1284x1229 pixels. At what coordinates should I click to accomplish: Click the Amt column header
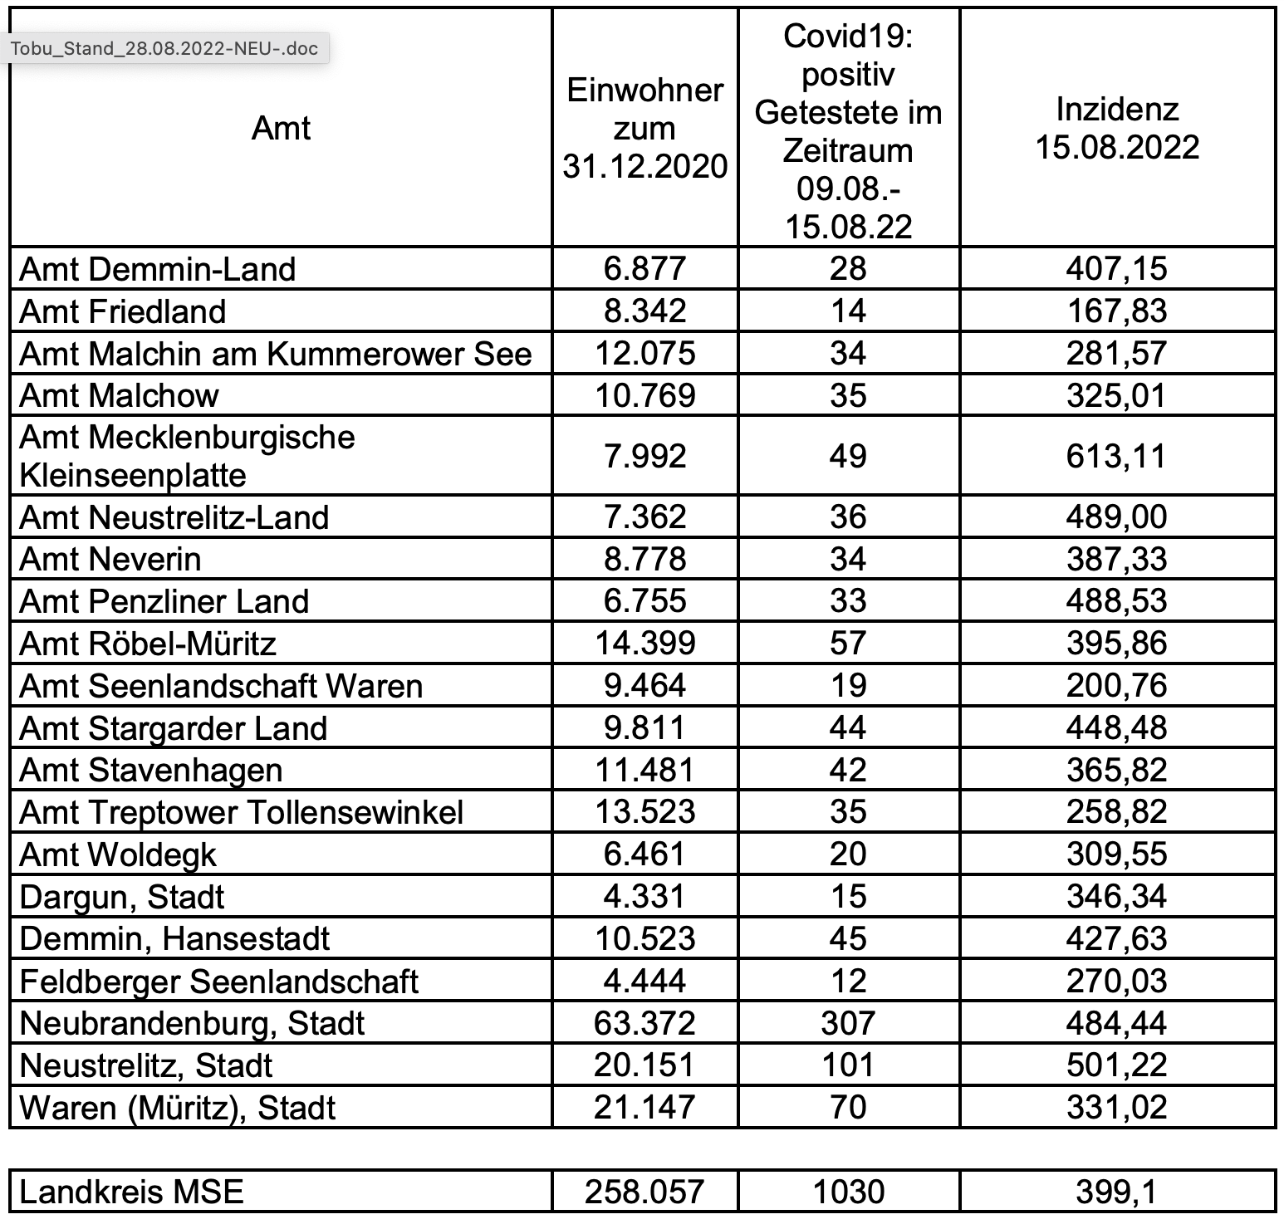(281, 128)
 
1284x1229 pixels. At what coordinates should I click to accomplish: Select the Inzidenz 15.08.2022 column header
(1117, 128)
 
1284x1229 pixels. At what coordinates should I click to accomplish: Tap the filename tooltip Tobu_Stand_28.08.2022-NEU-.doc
(164, 48)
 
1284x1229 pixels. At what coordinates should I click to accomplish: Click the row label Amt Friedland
(123, 311)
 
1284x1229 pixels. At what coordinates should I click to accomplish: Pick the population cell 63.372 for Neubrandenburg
(645, 1023)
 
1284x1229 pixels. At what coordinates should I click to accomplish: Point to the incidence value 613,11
(1117, 456)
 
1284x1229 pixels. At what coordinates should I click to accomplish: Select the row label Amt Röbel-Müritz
(148, 644)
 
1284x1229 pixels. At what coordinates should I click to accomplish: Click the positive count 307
(848, 1023)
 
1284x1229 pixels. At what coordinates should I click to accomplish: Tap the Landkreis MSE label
(131, 1192)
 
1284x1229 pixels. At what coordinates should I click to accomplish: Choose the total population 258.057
(645, 1192)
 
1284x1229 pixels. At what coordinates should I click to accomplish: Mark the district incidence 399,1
(1117, 1192)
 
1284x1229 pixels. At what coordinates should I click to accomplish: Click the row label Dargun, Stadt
(122, 897)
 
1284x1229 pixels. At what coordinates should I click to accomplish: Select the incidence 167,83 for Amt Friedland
(1117, 311)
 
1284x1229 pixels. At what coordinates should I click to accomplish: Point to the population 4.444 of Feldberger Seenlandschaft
(645, 981)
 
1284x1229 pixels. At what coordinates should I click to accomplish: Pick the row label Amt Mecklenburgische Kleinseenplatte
(187, 456)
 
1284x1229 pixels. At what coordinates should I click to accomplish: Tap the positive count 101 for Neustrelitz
(848, 1065)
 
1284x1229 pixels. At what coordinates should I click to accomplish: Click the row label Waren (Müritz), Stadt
(178, 1108)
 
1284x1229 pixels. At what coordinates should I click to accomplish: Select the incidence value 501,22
(1117, 1065)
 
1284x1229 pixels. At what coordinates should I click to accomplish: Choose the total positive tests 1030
(848, 1192)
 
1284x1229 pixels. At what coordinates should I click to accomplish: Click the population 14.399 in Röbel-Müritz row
(645, 644)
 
